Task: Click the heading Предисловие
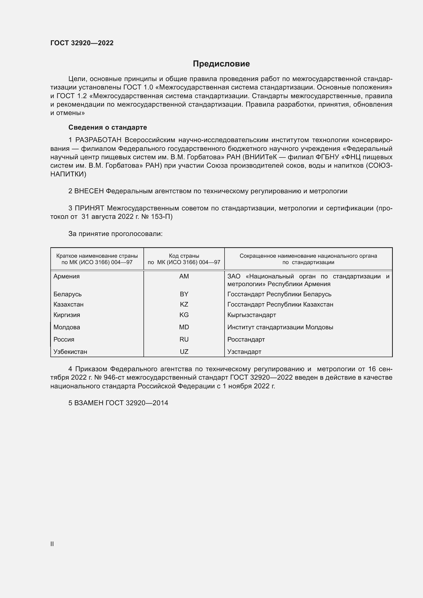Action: coord(221,64)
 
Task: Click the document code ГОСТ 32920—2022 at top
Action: coord(82,43)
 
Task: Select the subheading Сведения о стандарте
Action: coord(108,127)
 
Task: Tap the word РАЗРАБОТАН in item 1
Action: coord(98,140)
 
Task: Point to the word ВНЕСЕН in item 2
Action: coord(89,191)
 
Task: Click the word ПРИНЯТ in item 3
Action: coord(89,208)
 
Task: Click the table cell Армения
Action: coord(66,276)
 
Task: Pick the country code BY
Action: coord(184,294)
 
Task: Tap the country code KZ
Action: coord(184,304)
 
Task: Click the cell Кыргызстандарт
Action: coord(252,315)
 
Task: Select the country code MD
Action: coord(184,327)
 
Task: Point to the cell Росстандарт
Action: coord(246,339)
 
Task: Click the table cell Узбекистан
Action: coord(70,352)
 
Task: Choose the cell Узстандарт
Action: coord(244,352)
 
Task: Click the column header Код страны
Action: coord(184,256)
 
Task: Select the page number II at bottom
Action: coord(52,544)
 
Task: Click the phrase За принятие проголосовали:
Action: coord(115,234)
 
